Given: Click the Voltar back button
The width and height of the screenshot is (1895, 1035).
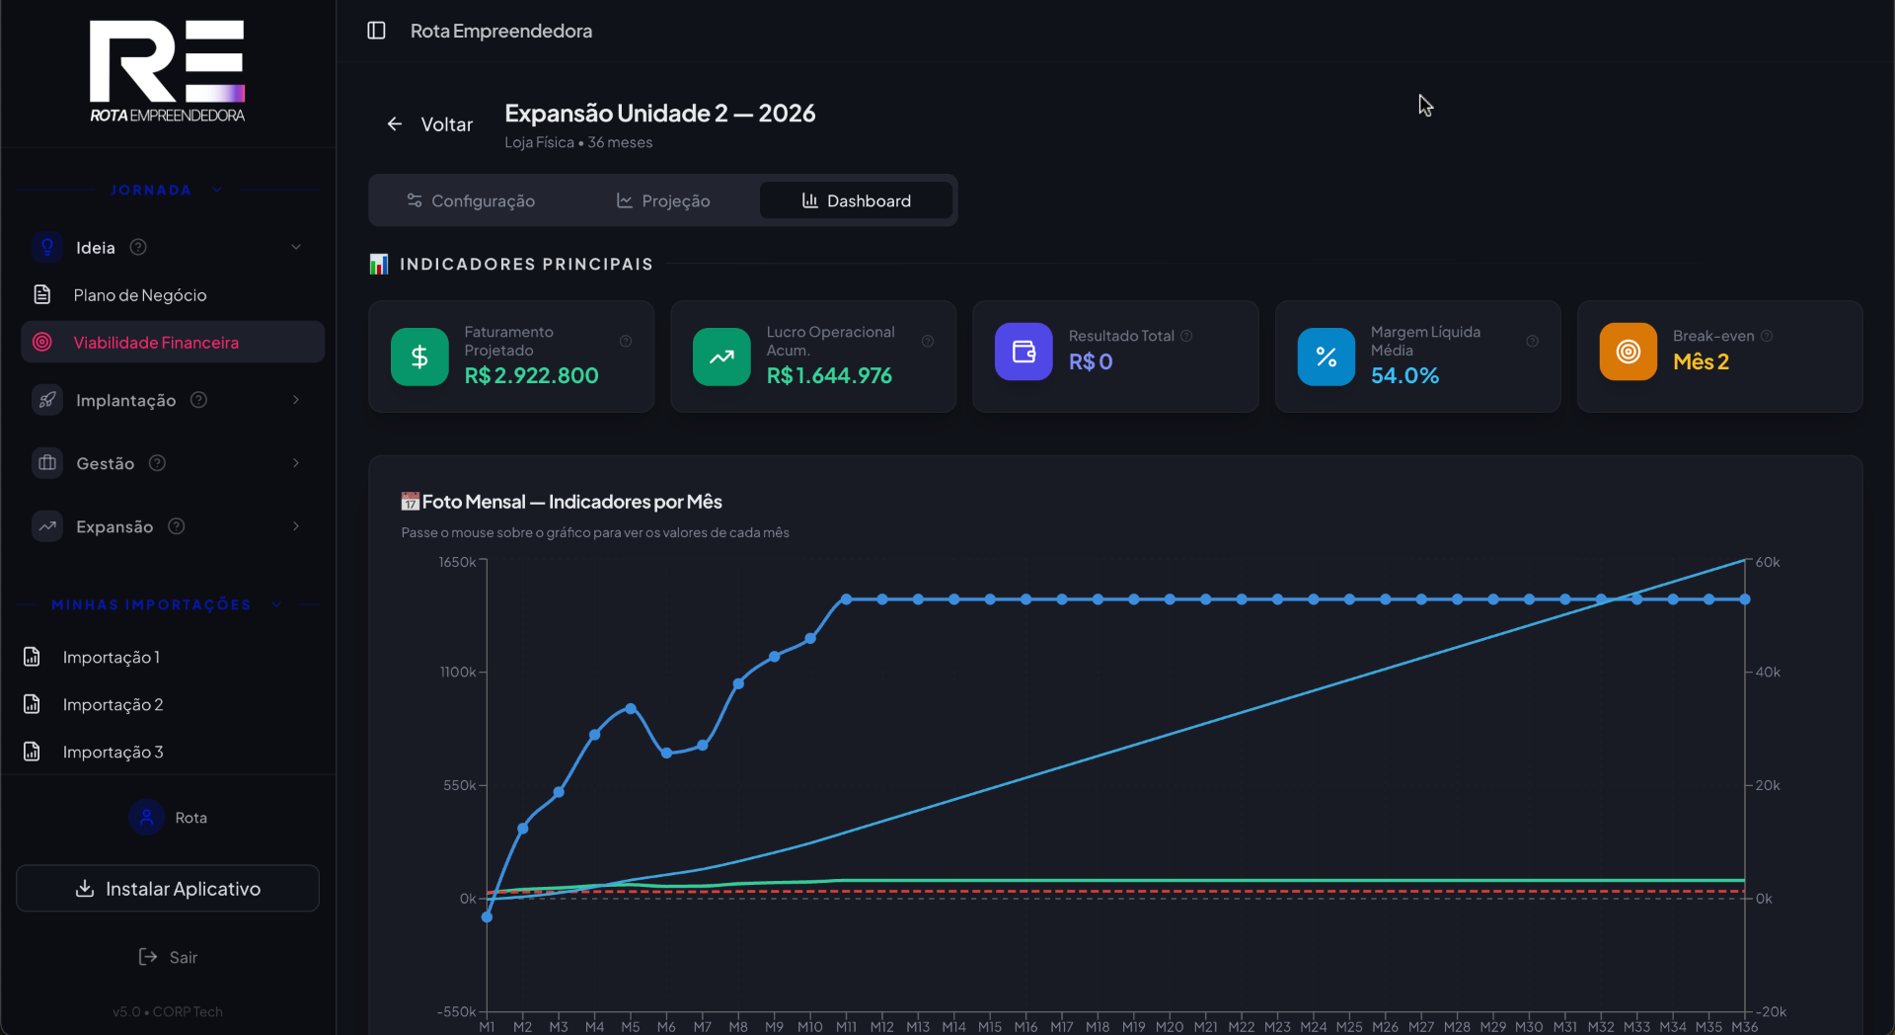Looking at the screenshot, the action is pos(429,124).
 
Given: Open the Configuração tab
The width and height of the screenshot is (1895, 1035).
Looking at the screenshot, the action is pos(471,200).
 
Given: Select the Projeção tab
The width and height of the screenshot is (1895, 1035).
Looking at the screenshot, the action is pos(663,200).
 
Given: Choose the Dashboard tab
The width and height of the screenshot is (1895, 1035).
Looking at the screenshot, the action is pos(856,200).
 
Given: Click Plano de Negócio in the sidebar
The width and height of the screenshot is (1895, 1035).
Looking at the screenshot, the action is pos(140,295).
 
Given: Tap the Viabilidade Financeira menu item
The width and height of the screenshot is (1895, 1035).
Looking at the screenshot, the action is pos(156,343).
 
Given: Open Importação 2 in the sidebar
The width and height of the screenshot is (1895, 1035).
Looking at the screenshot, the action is pos(113,704).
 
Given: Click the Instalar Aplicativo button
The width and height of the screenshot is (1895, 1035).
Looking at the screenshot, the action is pos(168,889).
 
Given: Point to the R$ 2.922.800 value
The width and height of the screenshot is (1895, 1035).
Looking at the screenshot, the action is pos(531,375).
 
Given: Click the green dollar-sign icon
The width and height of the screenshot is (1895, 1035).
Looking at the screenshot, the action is pos(419,357).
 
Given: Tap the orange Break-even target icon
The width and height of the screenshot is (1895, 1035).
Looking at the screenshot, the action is pos(1628,352).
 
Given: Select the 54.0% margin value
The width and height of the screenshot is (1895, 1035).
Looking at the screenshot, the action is pos(1404,375).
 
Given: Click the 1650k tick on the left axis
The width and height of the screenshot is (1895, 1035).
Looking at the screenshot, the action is pos(457,562).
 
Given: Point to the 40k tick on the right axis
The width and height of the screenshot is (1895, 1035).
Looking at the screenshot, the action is pos(1768,672).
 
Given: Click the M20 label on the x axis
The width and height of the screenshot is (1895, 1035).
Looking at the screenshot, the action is pos(1170,1027).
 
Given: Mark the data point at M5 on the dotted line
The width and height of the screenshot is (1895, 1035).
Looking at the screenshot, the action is pos(631,709).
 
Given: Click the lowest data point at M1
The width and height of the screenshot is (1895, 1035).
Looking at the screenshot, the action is pos(487,917).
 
